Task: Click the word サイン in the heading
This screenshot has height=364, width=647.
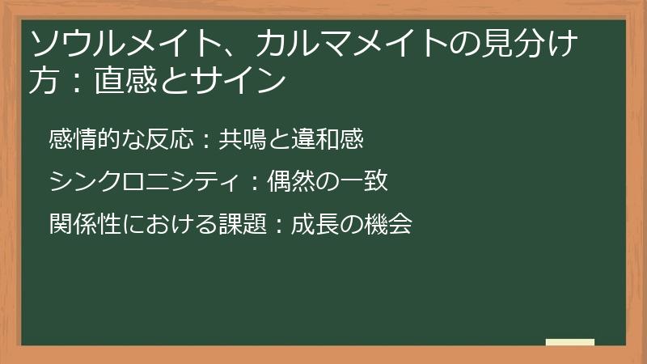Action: click(x=243, y=81)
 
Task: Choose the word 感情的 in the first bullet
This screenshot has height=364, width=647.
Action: click(x=84, y=139)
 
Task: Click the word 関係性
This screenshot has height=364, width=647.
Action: click(x=84, y=224)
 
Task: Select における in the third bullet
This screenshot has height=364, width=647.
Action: click(x=169, y=224)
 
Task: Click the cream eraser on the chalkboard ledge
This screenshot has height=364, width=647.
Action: click(x=570, y=342)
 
